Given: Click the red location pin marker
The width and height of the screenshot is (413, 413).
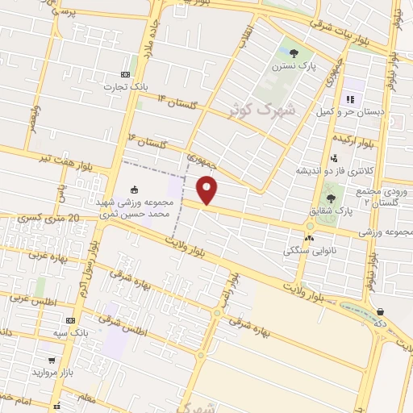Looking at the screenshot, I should [208, 190].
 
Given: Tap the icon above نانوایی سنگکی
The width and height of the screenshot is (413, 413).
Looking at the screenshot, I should [309, 237].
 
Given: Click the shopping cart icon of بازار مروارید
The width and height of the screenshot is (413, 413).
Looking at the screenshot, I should [52, 361].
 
